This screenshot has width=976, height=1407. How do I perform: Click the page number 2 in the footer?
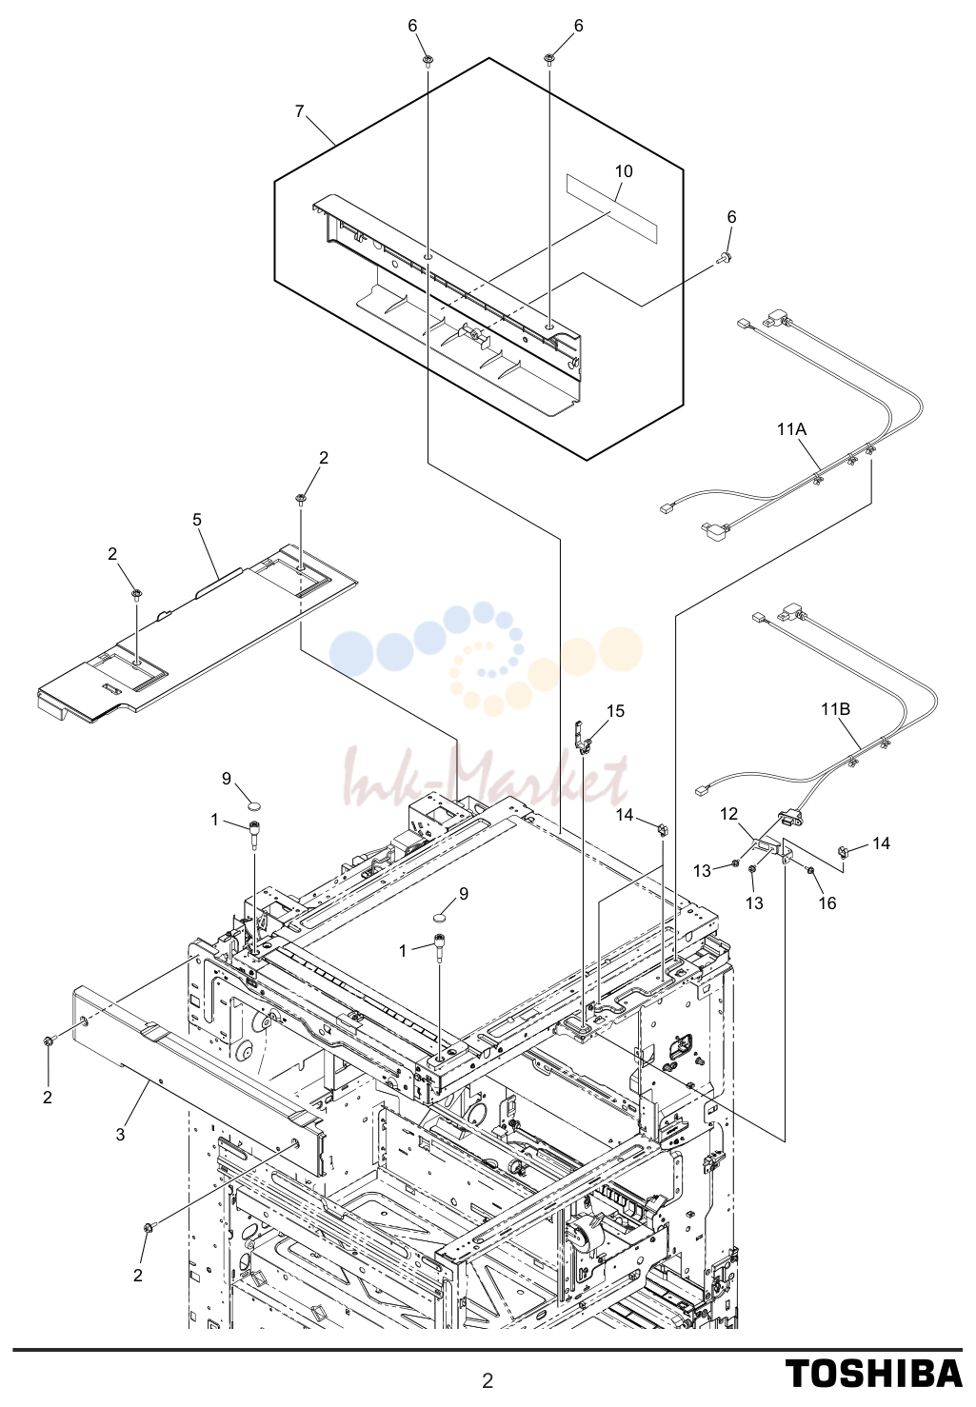pos(488,1380)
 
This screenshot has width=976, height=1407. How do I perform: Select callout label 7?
pos(299,111)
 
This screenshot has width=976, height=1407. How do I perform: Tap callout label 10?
pos(624,171)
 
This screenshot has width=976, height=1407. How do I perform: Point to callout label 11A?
pos(792,429)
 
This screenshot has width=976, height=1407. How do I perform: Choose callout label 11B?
pos(835,709)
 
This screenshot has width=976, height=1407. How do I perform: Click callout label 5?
pos(197,520)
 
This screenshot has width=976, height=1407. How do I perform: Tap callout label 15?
pos(616,711)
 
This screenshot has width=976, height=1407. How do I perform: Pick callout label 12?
pos(729,814)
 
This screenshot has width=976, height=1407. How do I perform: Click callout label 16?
pos(827,903)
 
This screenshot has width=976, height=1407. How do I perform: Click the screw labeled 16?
pos(810,871)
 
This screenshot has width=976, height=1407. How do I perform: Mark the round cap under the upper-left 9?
pos(254,804)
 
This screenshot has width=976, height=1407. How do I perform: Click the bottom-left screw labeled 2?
pos(149,1228)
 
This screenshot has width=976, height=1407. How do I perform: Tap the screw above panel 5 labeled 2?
pos(301,500)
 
